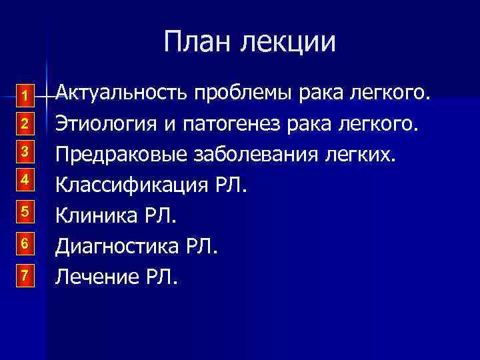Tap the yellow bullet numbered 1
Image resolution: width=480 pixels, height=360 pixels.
pyautogui.click(x=24, y=97)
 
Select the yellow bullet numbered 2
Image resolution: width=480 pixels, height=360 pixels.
pyautogui.click(x=24, y=124)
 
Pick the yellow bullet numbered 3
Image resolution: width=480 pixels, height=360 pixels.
pyautogui.click(x=24, y=151)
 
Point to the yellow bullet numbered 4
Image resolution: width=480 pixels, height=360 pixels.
pyautogui.click(x=24, y=179)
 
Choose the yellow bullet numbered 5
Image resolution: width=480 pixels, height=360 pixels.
pyautogui.click(x=24, y=212)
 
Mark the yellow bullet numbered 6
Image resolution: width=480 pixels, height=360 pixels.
pyautogui.click(x=24, y=243)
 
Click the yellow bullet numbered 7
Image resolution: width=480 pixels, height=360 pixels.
pyautogui.click(x=24, y=275)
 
